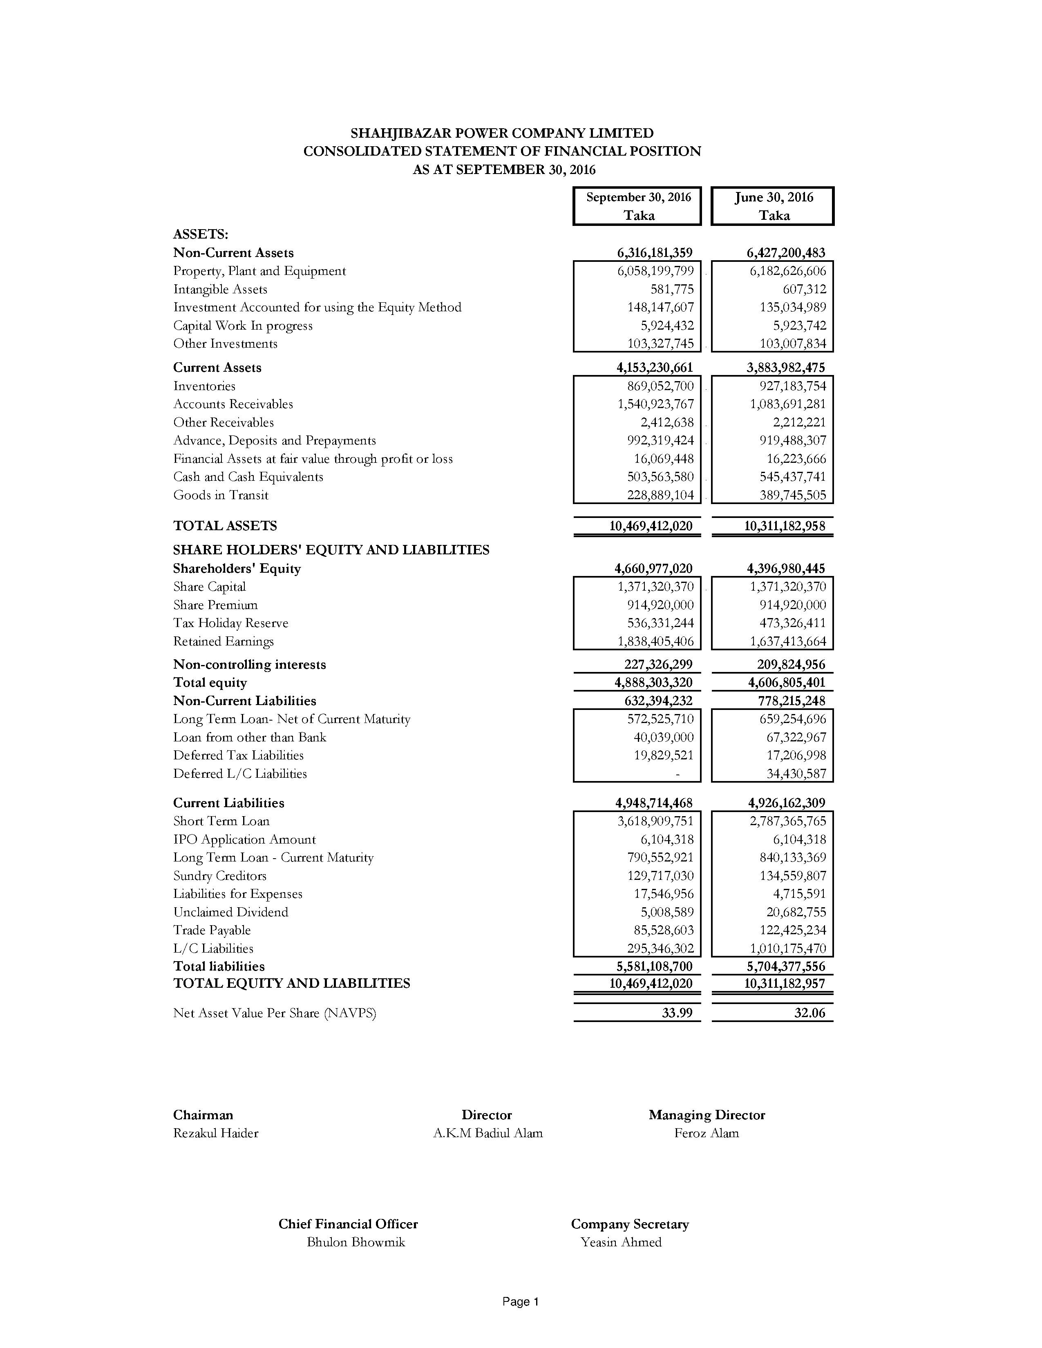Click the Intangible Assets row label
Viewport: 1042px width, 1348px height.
point(220,290)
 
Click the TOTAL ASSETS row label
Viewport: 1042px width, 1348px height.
point(225,526)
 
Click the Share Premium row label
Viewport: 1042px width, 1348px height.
point(215,605)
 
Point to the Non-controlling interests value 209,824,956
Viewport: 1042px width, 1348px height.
point(791,665)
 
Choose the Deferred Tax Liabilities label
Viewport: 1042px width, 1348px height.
point(238,755)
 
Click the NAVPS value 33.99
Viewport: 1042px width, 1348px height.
point(677,1013)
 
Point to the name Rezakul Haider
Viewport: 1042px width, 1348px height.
point(215,1133)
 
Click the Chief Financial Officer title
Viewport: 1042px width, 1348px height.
point(348,1224)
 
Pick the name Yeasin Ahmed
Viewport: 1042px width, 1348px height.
point(620,1242)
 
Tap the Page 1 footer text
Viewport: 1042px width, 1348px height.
point(520,1302)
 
